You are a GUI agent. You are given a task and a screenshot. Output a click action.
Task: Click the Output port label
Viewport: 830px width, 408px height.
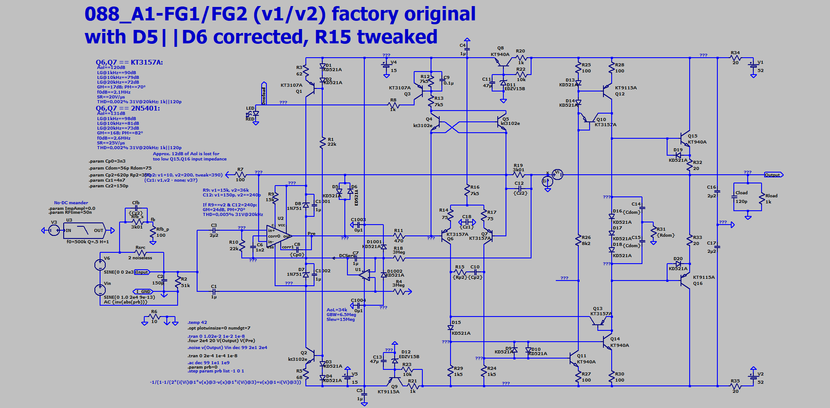pos(773,175)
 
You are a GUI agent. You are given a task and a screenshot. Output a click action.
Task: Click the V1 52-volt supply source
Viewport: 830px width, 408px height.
pos(753,66)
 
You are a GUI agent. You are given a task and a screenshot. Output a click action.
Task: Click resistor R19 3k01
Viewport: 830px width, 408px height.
pos(519,175)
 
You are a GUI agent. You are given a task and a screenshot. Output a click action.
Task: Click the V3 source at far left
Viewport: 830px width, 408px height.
pos(54,230)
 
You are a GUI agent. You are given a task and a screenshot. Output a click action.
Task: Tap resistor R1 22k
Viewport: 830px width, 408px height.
pos(322,142)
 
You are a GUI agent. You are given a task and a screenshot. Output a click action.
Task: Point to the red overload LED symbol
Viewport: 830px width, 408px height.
pos(255,114)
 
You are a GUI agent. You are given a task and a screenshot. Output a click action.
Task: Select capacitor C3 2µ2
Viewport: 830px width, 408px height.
pos(214,230)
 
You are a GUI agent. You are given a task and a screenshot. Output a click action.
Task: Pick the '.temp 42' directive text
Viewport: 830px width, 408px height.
pos(197,323)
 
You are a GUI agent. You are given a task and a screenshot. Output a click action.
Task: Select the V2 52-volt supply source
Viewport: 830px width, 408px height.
pos(753,377)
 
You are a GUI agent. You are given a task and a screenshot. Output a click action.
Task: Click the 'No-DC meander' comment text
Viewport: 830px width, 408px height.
pos(71,202)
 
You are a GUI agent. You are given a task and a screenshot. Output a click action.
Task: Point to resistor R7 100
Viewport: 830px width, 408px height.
pos(240,175)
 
